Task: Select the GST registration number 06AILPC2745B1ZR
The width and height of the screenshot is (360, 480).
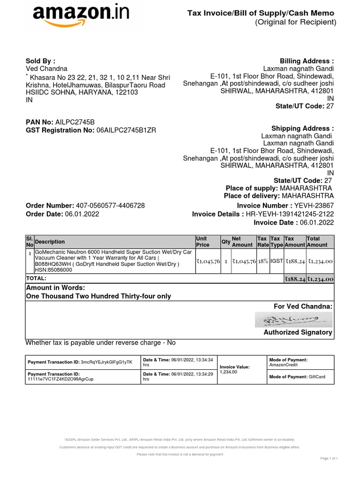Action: (126, 130)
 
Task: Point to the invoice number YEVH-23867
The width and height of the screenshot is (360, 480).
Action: (314, 205)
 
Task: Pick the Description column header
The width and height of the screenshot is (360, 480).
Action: (50, 242)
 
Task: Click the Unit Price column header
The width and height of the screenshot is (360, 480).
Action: (202, 241)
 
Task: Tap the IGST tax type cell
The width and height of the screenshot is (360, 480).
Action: (277, 261)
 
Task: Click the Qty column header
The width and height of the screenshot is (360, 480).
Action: (225, 242)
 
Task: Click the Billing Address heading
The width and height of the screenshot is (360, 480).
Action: (307, 61)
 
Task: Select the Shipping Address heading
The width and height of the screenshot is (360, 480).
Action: (302, 128)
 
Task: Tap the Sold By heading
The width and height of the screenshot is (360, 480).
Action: (40, 61)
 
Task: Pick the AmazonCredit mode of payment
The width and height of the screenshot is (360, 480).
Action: (284, 365)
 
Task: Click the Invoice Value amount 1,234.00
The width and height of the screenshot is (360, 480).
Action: (229, 372)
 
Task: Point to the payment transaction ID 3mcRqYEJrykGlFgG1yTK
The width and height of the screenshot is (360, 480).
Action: (107, 362)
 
